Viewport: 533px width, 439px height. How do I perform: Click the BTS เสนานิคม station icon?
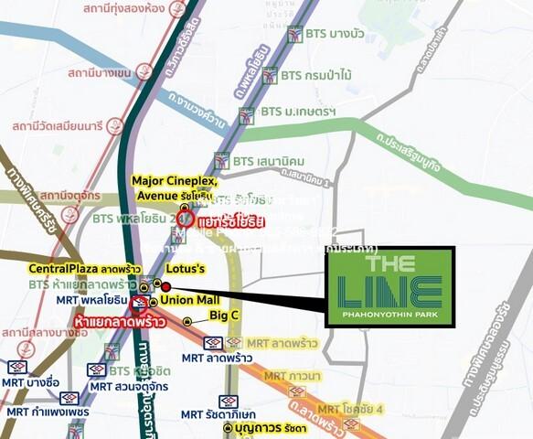point(222,160)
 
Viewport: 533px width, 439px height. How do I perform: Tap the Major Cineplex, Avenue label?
point(175,188)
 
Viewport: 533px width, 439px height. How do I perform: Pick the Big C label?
point(224,316)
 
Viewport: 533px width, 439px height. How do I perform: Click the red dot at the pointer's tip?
point(165,286)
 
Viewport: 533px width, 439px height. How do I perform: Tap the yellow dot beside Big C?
point(187,321)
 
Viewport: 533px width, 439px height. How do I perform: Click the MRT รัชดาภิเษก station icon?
point(228,401)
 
